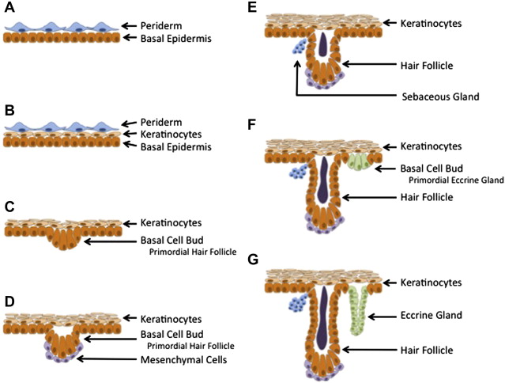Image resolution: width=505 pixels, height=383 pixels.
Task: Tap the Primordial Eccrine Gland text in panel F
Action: click(x=452, y=180)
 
